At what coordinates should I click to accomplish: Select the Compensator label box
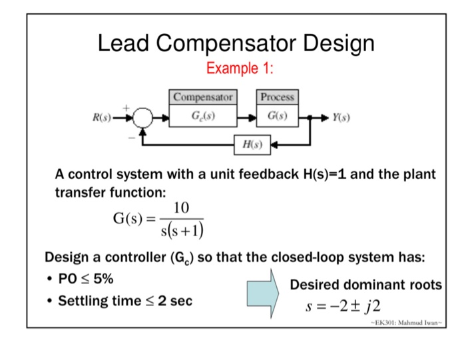coord(203,97)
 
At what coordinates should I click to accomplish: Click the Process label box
coord(277,97)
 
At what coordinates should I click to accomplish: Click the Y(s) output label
coord(344,120)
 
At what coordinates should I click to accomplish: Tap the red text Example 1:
coord(240,69)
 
